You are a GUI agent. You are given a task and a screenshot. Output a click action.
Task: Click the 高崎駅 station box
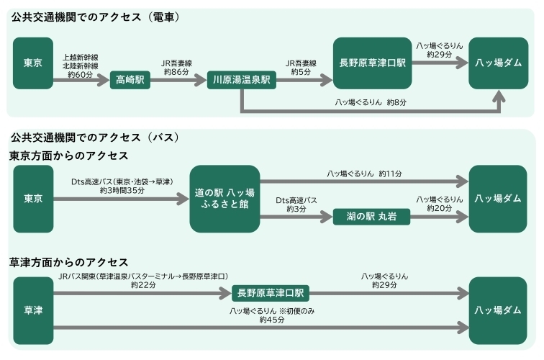pyautogui.click(x=130, y=81)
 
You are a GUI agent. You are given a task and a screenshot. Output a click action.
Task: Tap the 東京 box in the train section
pyautogui.click(x=33, y=63)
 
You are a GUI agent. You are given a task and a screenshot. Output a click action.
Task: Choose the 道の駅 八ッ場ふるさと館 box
pyautogui.click(x=225, y=199)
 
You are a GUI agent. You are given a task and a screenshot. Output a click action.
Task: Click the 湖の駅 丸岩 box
pyautogui.click(x=371, y=217)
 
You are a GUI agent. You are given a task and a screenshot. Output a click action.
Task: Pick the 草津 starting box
pyautogui.click(x=33, y=311)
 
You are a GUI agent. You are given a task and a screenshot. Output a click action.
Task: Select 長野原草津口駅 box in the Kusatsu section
pyautogui.click(x=271, y=294)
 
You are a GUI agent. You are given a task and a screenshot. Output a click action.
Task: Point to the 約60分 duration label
pyautogui.click(x=81, y=73)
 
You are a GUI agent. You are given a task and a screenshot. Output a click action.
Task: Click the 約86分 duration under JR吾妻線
pyautogui.click(x=176, y=73)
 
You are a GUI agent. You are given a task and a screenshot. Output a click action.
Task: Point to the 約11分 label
pyautogui.click(x=390, y=174)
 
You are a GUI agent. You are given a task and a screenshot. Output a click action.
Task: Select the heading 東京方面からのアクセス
pyautogui.click(x=69, y=155)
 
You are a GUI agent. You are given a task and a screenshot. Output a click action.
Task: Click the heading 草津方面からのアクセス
pyautogui.click(x=69, y=261)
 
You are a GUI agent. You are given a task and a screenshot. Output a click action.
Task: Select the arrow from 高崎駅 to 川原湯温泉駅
pyautogui.click(x=176, y=81)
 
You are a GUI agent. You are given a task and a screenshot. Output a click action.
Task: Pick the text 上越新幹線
pyautogui.click(x=81, y=56)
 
